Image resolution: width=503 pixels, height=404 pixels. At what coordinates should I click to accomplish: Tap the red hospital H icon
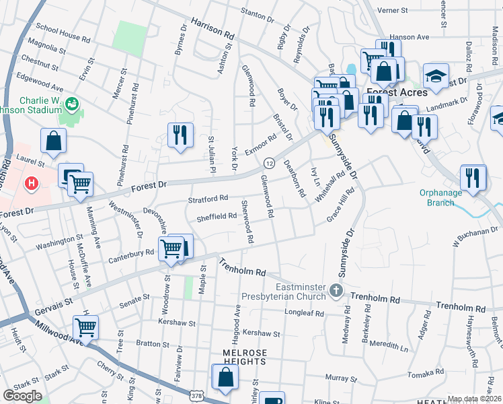tap(30, 183)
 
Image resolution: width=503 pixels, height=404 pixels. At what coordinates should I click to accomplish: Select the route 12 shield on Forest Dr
tap(269, 164)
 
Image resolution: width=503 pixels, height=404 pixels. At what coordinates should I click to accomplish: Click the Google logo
tap(22, 395)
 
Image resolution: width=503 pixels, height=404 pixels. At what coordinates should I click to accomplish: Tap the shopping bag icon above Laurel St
tap(54, 141)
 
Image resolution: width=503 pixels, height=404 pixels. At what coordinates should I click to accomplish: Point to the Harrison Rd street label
tap(212, 28)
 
